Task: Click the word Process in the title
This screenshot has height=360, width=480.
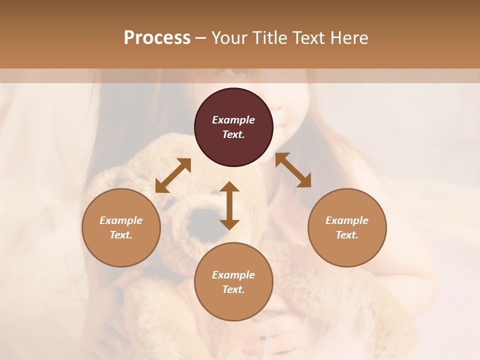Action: pyautogui.click(x=157, y=38)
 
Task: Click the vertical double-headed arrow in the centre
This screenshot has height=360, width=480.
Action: pyautogui.click(x=229, y=205)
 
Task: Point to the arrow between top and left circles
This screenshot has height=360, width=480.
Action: pyautogui.click(x=173, y=175)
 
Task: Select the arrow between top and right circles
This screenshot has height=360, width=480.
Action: pyautogui.click(x=293, y=170)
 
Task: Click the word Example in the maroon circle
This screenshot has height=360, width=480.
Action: pyautogui.click(x=233, y=120)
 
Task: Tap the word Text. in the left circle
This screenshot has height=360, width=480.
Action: pyautogui.click(x=121, y=235)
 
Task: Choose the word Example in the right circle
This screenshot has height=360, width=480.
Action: pyautogui.click(x=347, y=220)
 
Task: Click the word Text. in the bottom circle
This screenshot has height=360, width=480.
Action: pyautogui.click(x=233, y=289)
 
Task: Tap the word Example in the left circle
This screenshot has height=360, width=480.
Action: pyautogui.click(x=121, y=220)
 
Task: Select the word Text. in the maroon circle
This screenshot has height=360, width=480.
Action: pyautogui.click(x=233, y=134)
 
